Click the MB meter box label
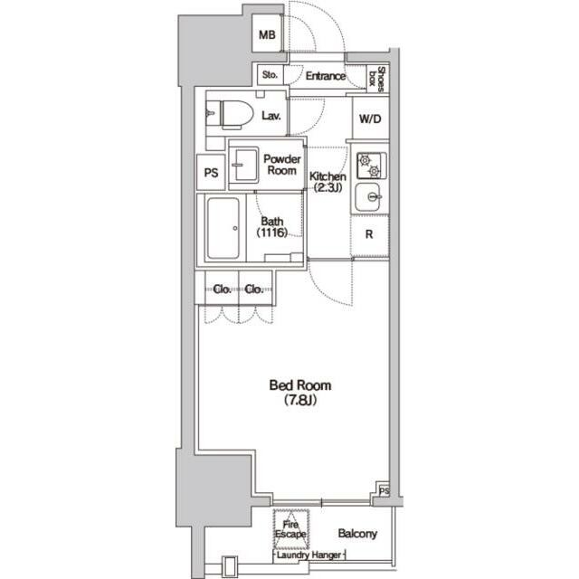click(266, 36)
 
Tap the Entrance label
click(325, 76)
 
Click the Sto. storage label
click(271, 76)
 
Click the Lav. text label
click(271, 116)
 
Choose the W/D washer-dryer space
click(369, 119)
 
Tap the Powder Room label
click(281, 166)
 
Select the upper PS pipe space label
click(211, 173)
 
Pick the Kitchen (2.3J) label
click(327, 182)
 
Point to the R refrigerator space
click(369, 234)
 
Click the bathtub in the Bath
click(223, 231)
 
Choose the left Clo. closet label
click(223, 289)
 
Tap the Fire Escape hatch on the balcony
click(291, 529)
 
